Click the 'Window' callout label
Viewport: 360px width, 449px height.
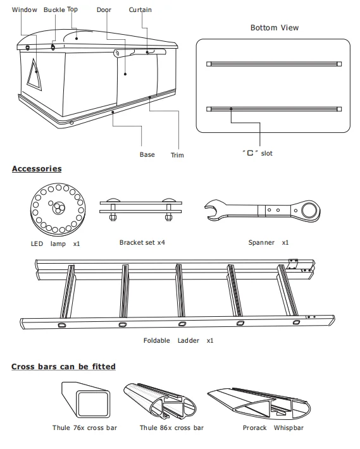click(x=24, y=9)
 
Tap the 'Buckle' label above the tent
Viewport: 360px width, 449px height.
click(x=54, y=9)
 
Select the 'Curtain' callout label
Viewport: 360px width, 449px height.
click(x=140, y=9)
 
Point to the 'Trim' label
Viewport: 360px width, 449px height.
click(x=177, y=155)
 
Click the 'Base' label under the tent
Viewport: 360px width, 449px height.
click(x=147, y=155)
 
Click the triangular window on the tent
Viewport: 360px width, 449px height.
click(x=34, y=75)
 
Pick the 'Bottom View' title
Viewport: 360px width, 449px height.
click(x=275, y=28)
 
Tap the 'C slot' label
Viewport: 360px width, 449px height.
click(x=258, y=153)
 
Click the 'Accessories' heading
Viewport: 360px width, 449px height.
click(x=37, y=169)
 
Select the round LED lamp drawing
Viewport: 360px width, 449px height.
click(x=58, y=209)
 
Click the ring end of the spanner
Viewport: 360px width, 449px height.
click(x=309, y=211)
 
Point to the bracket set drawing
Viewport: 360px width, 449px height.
click(x=140, y=209)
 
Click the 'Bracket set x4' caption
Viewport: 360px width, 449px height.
click(x=142, y=243)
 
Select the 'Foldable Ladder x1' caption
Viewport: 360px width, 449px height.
click(x=178, y=340)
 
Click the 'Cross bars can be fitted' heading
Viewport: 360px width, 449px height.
click(x=63, y=367)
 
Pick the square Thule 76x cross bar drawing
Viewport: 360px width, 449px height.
click(x=86, y=400)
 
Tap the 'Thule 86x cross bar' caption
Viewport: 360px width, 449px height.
click(x=171, y=427)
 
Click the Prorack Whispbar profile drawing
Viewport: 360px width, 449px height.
click(x=259, y=403)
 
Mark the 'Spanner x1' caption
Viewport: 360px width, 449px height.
click(x=268, y=243)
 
